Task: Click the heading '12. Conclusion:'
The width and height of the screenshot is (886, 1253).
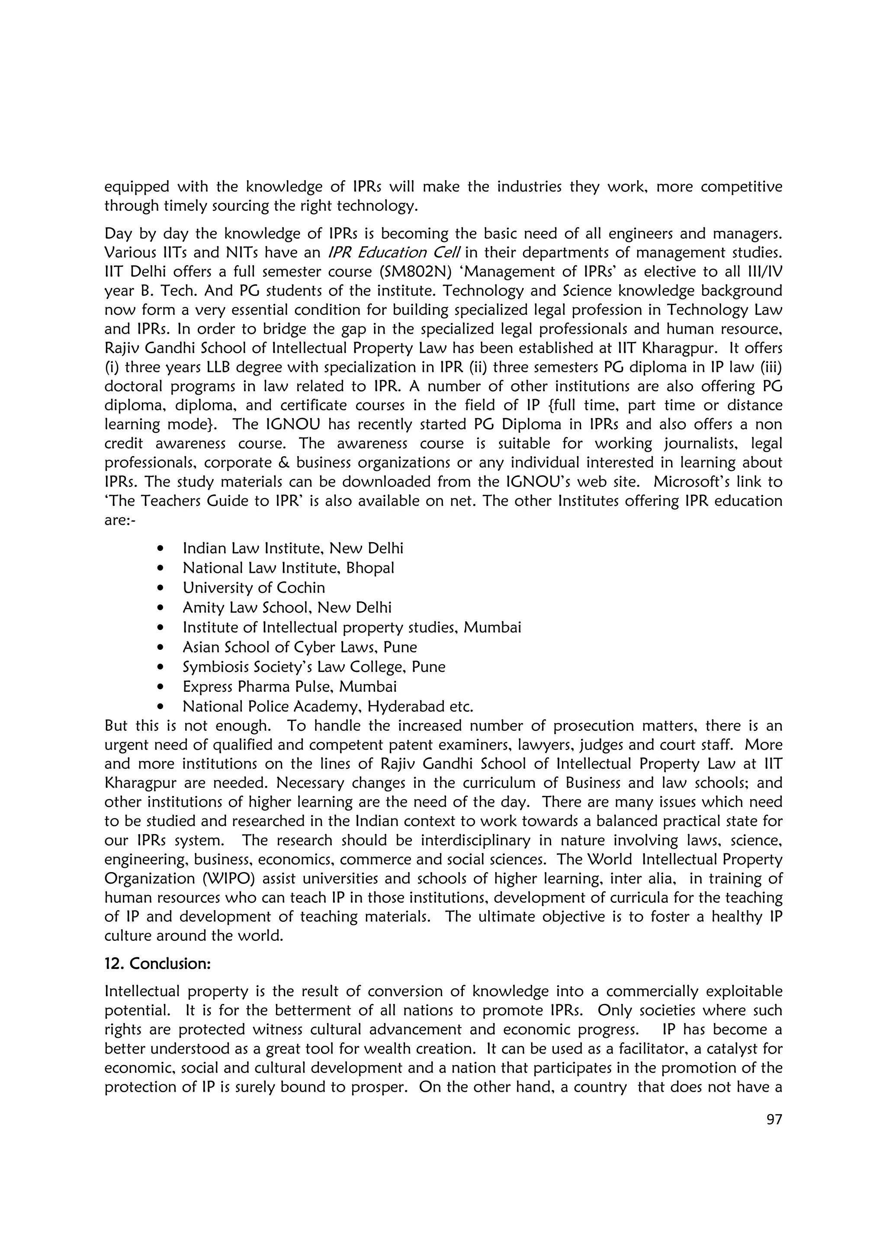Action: click(157, 964)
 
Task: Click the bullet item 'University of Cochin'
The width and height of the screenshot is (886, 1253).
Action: click(254, 588)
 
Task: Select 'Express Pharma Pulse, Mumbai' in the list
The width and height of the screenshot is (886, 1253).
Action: click(289, 687)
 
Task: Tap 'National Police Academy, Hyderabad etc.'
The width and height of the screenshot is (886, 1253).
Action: click(327, 706)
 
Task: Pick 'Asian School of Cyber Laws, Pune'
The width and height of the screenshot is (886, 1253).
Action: click(300, 647)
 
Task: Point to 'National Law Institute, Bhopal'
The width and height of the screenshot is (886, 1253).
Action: click(288, 568)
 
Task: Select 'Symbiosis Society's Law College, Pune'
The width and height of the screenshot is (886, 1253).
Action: click(314, 667)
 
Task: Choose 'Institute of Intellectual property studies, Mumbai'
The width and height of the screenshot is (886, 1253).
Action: click(352, 628)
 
